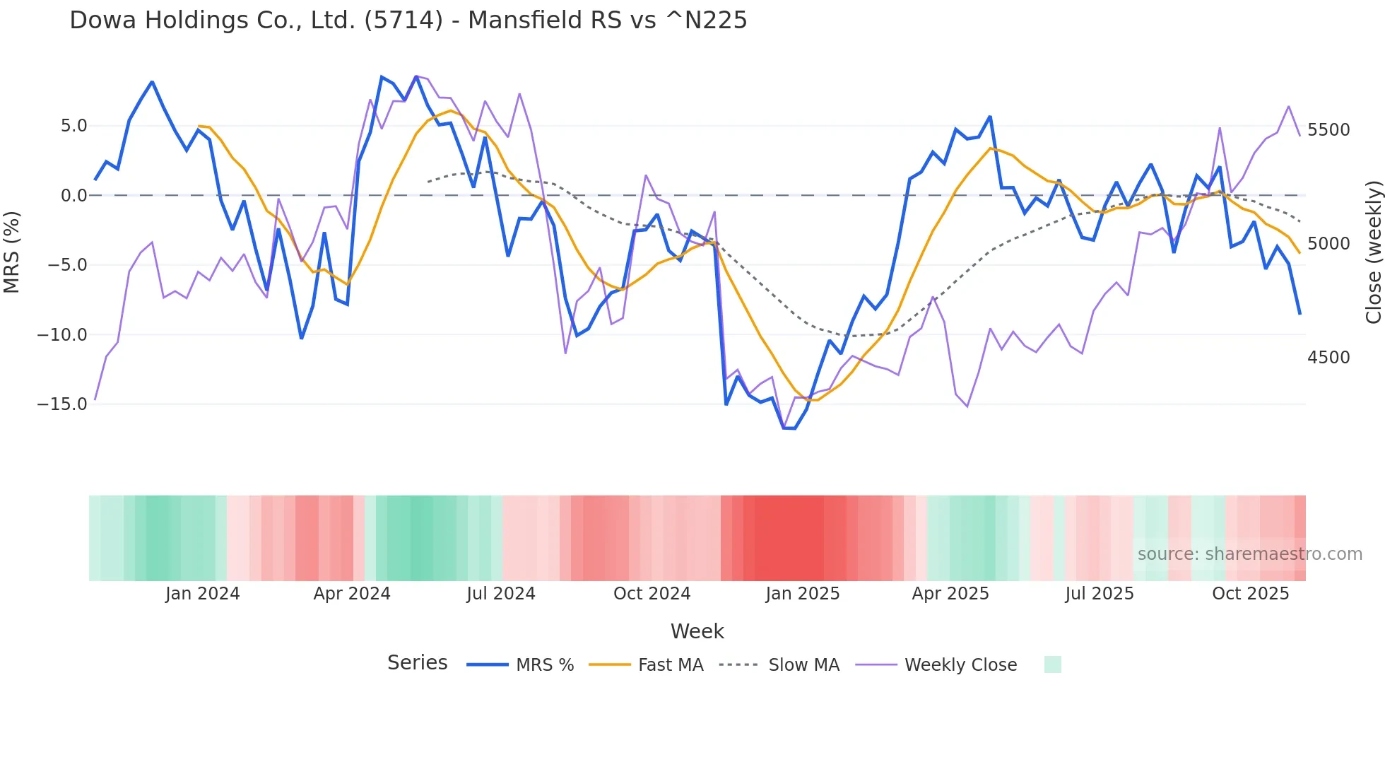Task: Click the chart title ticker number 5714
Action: click(403, 20)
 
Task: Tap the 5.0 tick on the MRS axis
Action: click(73, 126)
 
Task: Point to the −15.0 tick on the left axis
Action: click(62, 404)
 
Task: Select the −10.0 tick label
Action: click(62, 334)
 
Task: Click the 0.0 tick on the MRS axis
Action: click(73, 196)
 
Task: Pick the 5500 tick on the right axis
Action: click(1328, 130)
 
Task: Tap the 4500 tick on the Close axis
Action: click(1328, 358)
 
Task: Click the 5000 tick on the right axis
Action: click(1328, 244)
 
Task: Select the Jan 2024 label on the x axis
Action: click(203, 594)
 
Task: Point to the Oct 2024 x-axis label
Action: click(652, 594)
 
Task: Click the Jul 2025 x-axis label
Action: click(1100, 594)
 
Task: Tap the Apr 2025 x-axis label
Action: click(950, 594)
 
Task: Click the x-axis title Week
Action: click(697, 631)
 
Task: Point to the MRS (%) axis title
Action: click(12, 252)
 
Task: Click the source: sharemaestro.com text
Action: click(1249, 554)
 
